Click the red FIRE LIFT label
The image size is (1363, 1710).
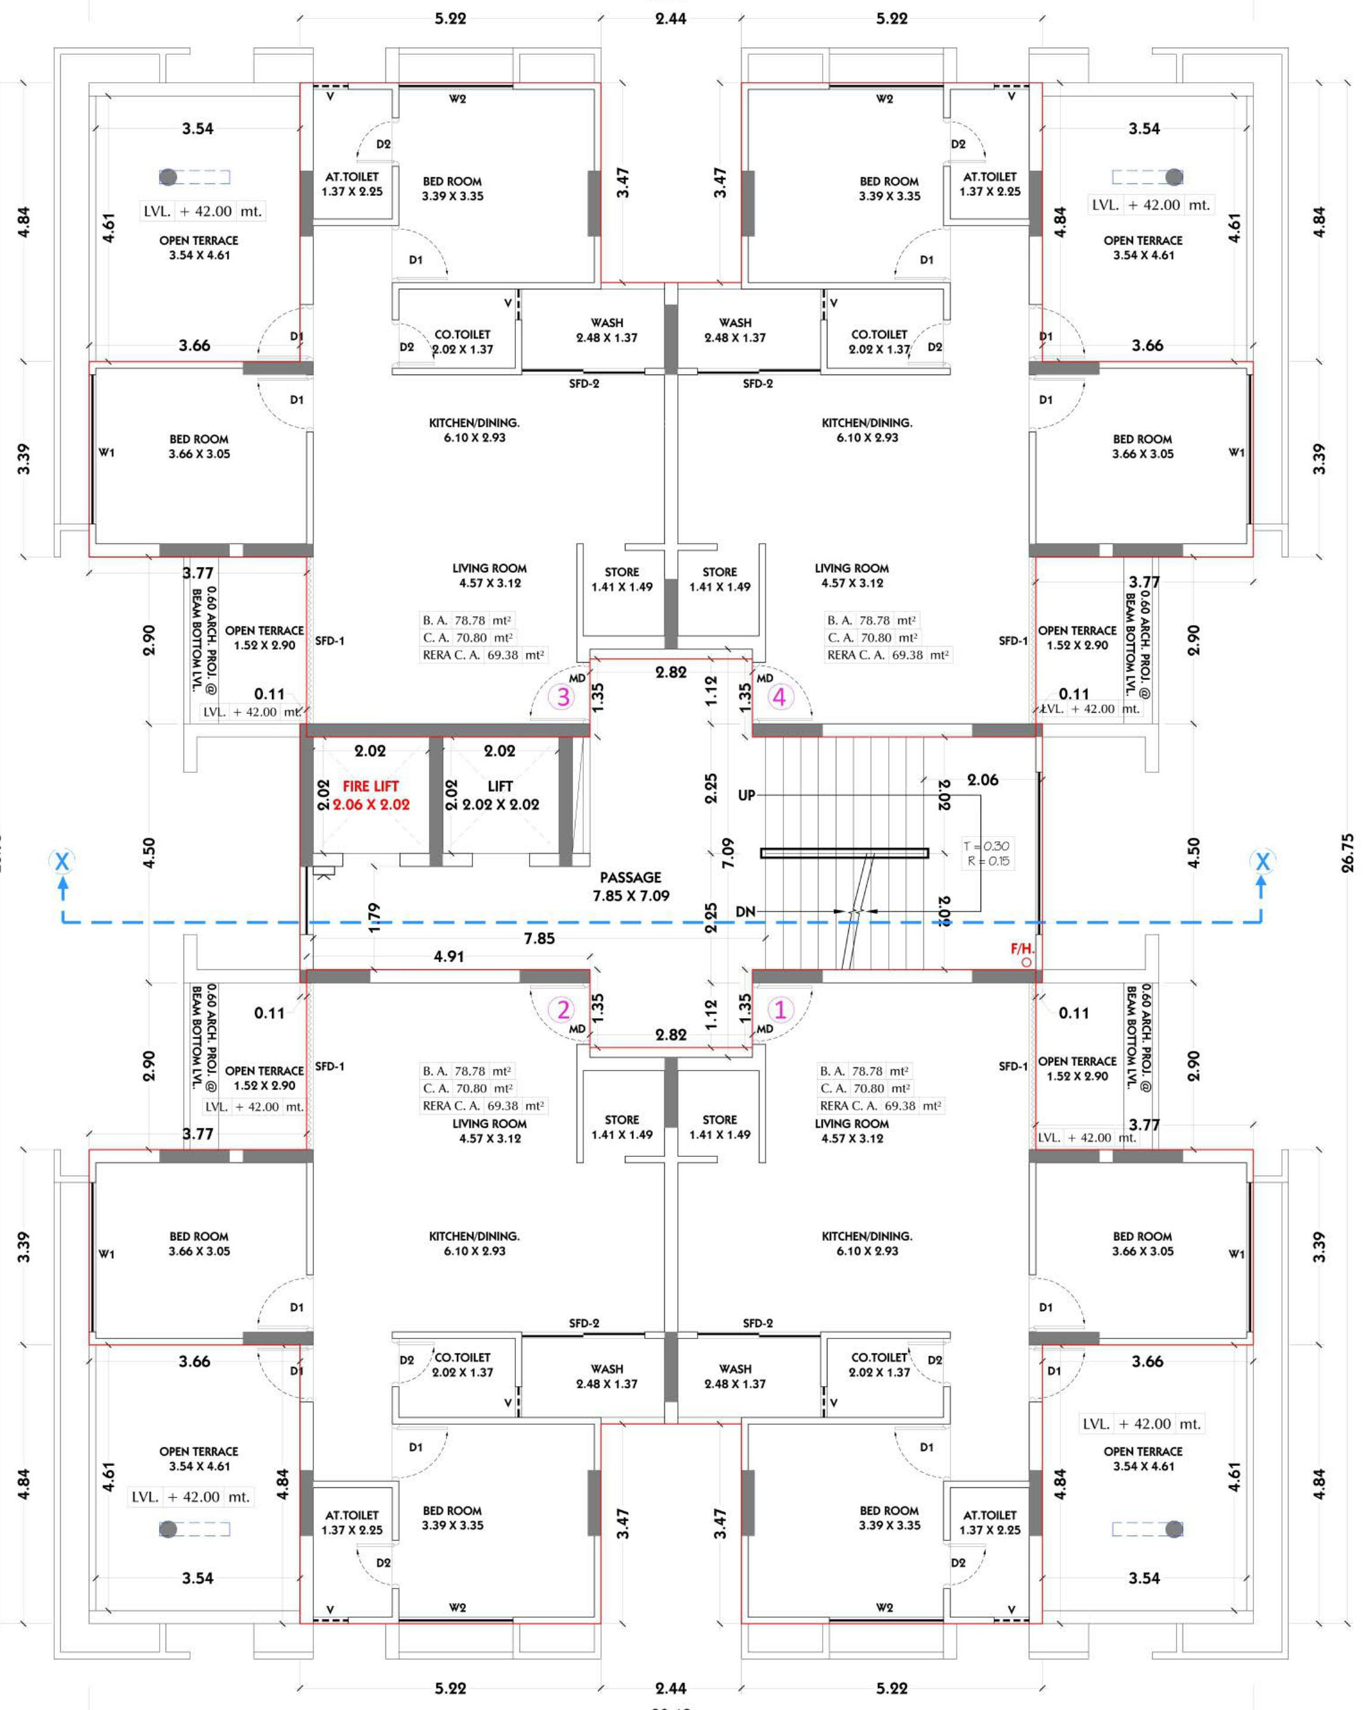coord(371,786)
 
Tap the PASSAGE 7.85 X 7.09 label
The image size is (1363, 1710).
coord(631,886)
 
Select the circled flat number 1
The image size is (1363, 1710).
coord(780,1010)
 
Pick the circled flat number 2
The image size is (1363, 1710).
coord(562,1010)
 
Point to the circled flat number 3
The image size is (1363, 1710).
coord(562,697)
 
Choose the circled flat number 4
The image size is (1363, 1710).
coord(780,697)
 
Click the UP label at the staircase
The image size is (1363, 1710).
coord(746,795)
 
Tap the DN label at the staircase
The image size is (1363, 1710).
coord(746,912)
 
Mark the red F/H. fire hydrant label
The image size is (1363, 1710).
coord(1022,948)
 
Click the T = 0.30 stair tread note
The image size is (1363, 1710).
coord(986,845)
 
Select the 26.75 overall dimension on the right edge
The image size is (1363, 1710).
coord(1348,853)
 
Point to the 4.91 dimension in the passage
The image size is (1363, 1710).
coord(449,957)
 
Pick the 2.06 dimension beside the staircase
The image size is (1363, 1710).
coord(982,779)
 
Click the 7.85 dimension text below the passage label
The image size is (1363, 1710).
coord(540,938)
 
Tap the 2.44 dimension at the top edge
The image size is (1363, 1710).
coord(671,18)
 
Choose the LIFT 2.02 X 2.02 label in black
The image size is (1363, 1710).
coord(500,795)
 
